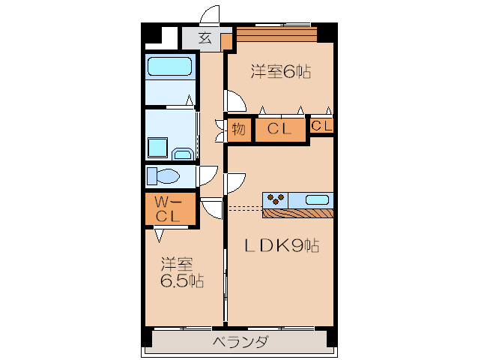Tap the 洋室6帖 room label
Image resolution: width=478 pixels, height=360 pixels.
[x=280, y=72]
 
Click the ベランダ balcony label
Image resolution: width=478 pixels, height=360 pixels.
[x=240, y=342]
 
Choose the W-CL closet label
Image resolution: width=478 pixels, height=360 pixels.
[x=169, y=209]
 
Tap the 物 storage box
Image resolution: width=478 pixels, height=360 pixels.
[x=239, y=130]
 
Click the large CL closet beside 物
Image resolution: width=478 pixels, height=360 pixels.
[x=280, y=130]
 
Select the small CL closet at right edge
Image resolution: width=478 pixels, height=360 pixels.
[x=321, y=127]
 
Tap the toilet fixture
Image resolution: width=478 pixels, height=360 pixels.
[x=163, y=176]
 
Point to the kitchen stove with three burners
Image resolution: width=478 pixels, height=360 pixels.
[x=275, y=199]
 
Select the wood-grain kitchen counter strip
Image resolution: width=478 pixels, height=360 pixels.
[x=297, y=212]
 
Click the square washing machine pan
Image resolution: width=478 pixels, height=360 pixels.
[x=157, y=147]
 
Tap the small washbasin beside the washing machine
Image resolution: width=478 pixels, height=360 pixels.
[x=182, y=154]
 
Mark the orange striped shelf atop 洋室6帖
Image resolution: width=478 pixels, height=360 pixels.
[x=276, y=33]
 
